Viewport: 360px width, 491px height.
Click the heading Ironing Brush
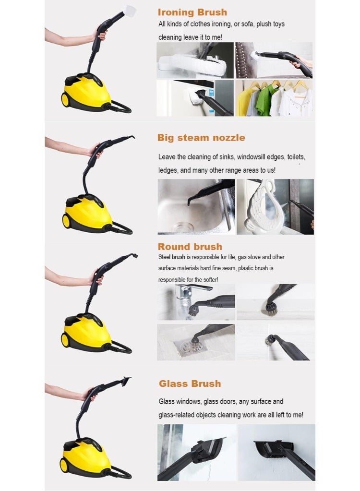192,12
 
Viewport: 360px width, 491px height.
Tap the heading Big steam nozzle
201,138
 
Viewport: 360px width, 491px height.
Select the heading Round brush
190,247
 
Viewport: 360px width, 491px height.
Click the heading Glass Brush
190,383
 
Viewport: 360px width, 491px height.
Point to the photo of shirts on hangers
274,98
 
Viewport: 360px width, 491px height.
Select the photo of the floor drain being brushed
196,342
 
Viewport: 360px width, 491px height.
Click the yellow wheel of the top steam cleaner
65,100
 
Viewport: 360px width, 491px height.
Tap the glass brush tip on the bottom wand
126,381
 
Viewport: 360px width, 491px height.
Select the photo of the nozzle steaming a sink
196,206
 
